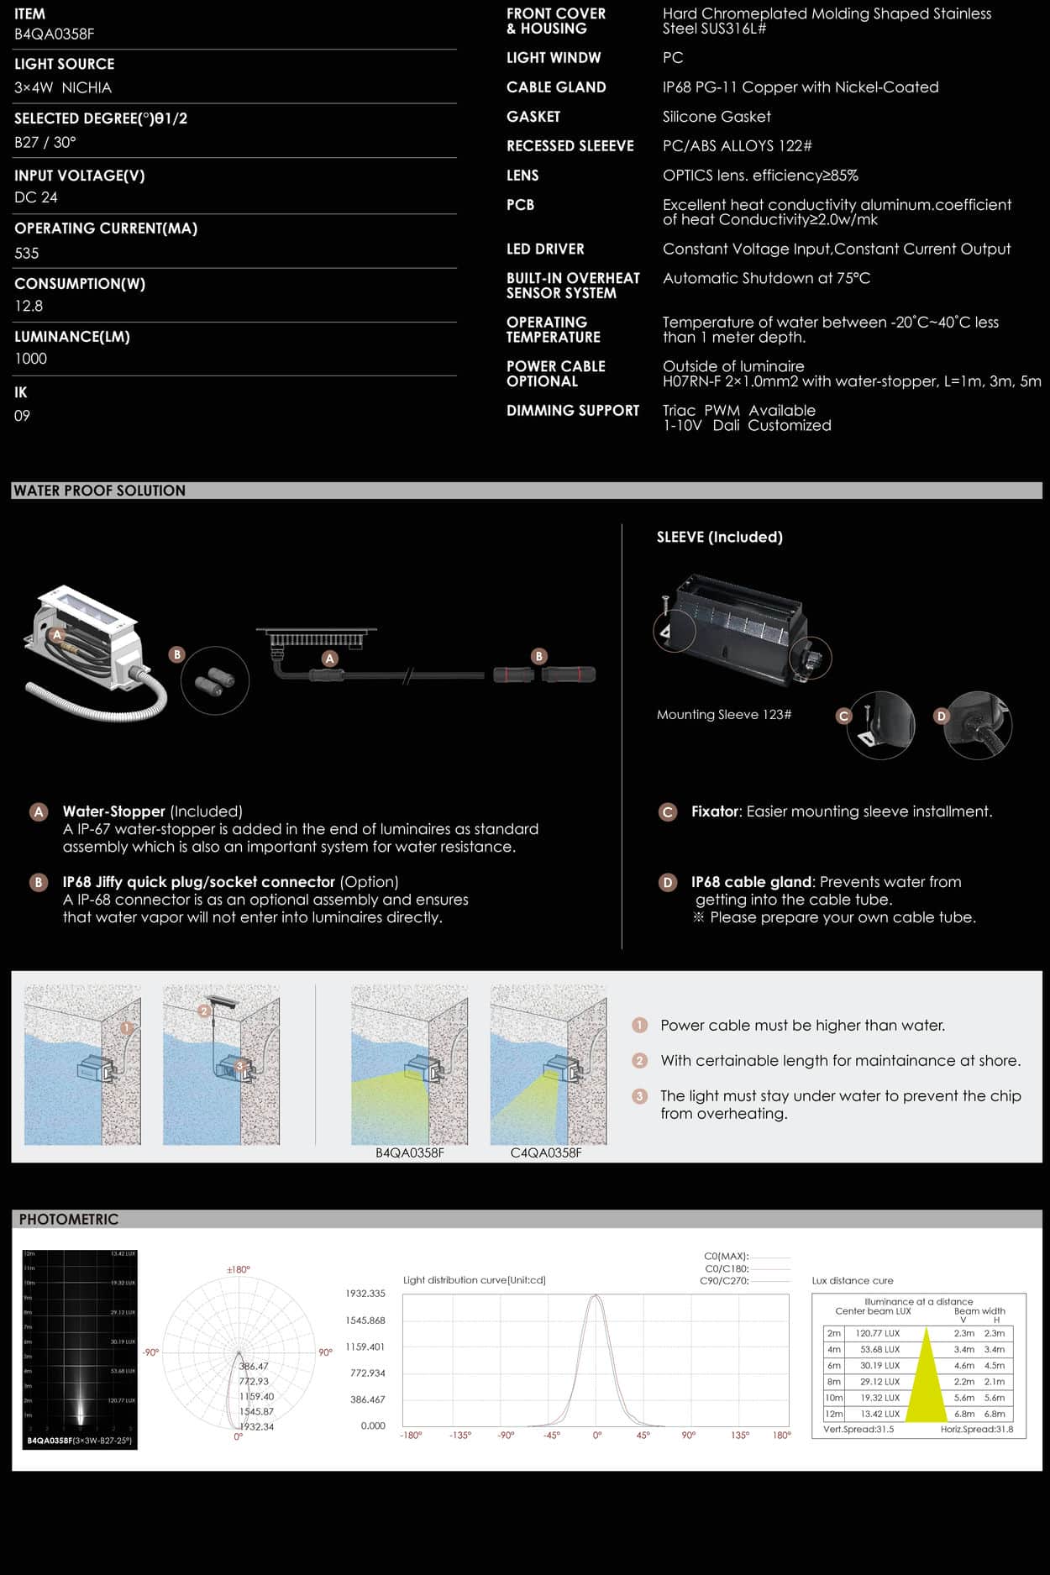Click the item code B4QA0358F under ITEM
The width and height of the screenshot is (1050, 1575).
tap(54, 34)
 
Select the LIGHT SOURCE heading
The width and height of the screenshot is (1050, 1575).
tap(64, 64)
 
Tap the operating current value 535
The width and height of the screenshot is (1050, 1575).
tap(27, 253)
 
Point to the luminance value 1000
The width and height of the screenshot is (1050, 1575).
tap(31, 359)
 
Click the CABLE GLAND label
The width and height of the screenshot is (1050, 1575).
tap(556, 87)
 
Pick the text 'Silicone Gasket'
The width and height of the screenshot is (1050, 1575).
tap(717, 117)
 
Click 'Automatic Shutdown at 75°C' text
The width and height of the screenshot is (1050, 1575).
tap(766, 278)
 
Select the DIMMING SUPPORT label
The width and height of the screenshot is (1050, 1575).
tap(573, 411)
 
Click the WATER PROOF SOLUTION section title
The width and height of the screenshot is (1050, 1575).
tap(99, 491)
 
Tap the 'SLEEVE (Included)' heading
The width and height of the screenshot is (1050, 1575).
tap(719, 537)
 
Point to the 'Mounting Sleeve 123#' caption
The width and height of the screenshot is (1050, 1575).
tap(724, 715)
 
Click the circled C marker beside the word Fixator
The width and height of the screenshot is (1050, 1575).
tap(668, 812)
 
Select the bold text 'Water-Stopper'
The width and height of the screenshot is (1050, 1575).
tap(114, 811)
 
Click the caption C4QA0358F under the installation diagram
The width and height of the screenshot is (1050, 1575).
tap(546, 1153)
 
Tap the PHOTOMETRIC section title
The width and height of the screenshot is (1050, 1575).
tap(69, 1220)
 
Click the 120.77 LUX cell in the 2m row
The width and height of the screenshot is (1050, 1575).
tap(878, 1333)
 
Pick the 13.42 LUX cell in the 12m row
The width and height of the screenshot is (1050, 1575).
tap(879, 1414)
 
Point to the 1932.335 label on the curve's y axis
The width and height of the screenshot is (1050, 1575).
tap(365, 1294)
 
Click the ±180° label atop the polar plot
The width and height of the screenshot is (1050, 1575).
tap(239, 1269)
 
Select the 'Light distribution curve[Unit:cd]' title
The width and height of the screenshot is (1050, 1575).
tap(475, 1280)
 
